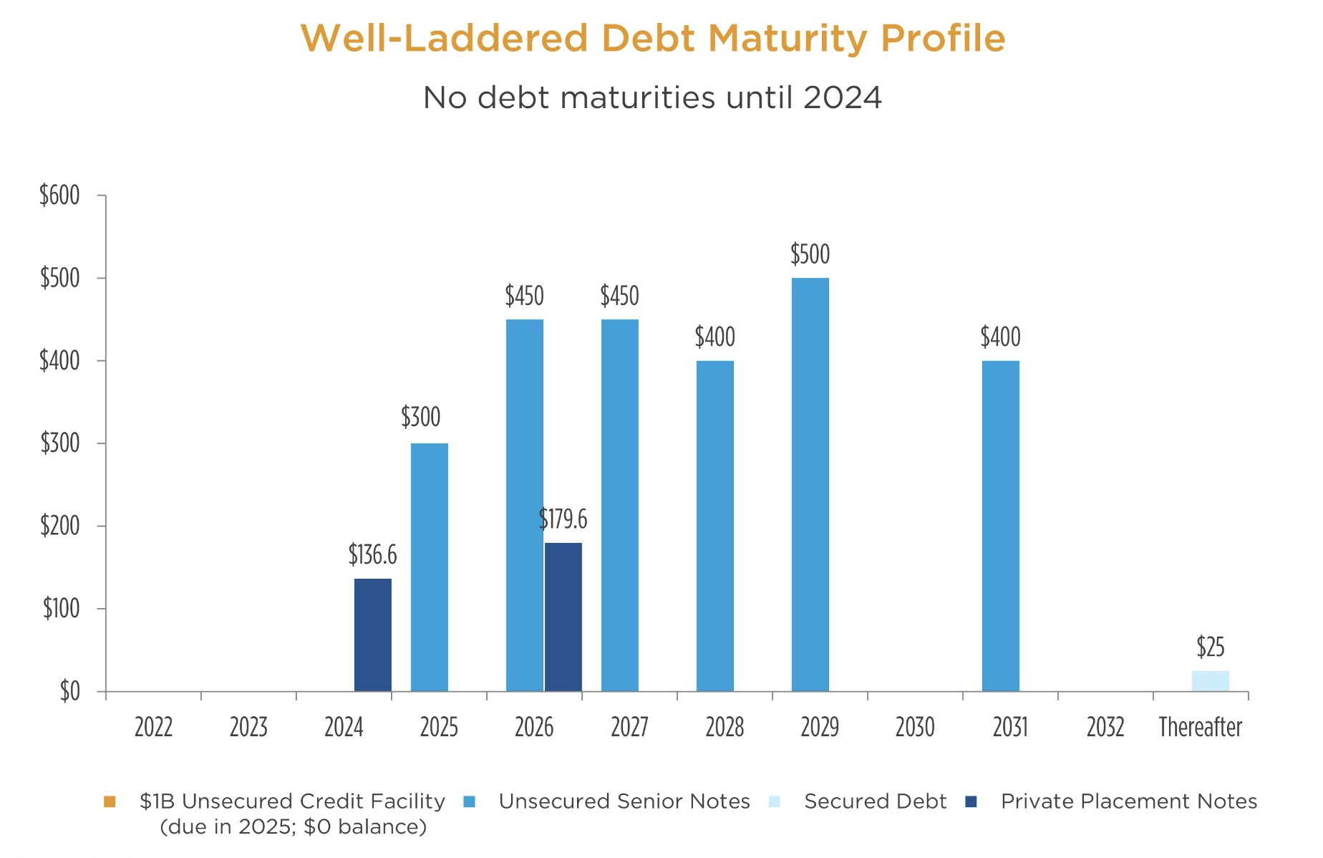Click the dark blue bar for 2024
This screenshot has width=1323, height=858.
tap(372, 635)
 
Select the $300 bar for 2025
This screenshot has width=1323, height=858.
tap(429, 567)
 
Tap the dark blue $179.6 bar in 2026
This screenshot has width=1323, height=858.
tap(563, 617)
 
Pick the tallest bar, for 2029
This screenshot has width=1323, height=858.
tap(810, 484)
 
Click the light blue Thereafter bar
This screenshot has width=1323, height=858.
tap(1210, 681)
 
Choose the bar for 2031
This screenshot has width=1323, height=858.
tap(1000, 526)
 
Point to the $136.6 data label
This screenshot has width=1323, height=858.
tap(372, 554)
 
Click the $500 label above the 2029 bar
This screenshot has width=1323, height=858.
tap(810, 254)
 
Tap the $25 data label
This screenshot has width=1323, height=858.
tap(1210, 647)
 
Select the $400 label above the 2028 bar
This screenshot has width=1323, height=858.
tap(714, 337)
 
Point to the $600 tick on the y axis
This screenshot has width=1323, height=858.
tap(59, 196)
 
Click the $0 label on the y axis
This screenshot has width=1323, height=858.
tap(69, 692)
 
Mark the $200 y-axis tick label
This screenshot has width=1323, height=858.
tap(59, 526)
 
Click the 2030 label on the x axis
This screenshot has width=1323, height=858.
tap(915, 728)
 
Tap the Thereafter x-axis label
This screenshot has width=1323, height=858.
tap(1200, 728)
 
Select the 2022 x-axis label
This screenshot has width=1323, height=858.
tap(153, 728)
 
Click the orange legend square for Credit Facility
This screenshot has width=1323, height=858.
tap(110, 801)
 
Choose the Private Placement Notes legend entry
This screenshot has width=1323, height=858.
tap(1128, 801)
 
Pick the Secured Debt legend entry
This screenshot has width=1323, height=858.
tap(875, 801)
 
